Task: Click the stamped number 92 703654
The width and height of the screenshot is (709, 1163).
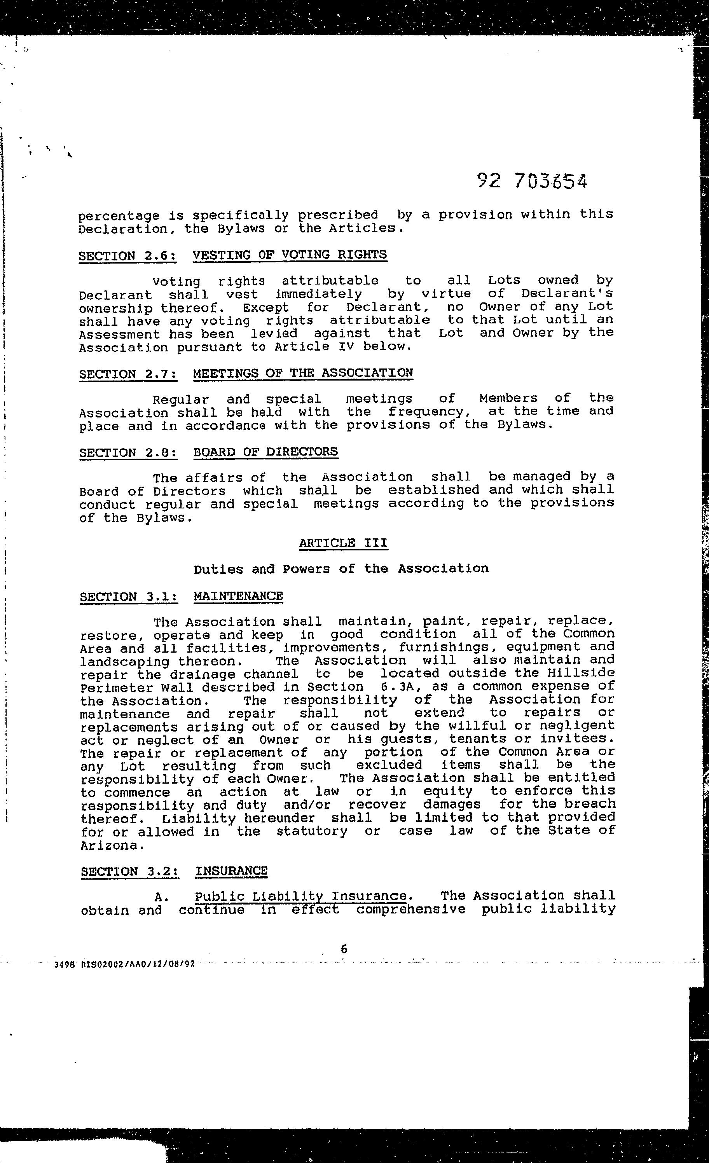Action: point(532,180)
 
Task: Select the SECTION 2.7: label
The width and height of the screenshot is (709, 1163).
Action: point(128,374)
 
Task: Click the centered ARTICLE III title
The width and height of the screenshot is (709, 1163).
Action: point(343,543)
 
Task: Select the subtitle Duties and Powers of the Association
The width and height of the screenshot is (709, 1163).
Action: point(341,568)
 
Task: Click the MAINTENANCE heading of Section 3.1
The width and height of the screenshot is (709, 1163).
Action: point(238,596)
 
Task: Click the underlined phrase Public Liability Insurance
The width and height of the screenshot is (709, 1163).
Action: point(301,896)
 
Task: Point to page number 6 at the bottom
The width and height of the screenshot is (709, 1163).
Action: point(344,949)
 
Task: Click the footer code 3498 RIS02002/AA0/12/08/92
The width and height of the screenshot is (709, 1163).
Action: point(125,964)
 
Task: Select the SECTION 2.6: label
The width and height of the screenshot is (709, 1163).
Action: point(127,256)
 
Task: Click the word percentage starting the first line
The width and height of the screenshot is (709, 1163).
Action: point(119,216)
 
